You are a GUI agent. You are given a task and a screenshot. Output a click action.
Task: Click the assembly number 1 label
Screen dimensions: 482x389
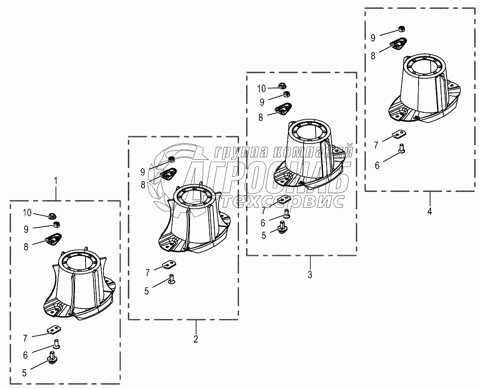[x=56, y=180]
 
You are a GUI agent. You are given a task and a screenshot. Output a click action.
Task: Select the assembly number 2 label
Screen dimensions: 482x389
[x=196, y=339]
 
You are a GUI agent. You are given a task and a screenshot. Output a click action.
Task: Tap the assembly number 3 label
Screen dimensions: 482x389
[x=310, y=274]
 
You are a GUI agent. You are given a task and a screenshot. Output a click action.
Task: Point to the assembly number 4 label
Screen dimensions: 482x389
[x=430, y=211]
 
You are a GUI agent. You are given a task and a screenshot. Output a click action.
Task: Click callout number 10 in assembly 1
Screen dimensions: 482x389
[x=27, y=212]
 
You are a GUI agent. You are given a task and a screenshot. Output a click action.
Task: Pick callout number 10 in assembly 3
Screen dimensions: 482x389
[x=261, y=89]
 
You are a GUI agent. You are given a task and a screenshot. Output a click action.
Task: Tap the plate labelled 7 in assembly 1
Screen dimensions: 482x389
[x=54, y=330]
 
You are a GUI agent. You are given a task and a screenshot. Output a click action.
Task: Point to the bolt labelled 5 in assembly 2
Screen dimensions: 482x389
[x=172, y=279]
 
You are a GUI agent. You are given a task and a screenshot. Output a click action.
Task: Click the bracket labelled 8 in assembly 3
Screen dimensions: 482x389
[x=282, y=109]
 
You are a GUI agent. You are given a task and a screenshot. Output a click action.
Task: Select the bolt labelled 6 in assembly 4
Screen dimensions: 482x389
[x=402, y=148]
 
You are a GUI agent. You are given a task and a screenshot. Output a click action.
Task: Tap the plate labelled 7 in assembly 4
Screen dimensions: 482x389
[x=399, y=134]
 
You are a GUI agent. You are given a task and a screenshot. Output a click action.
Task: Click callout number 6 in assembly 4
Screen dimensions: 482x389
[x=377, y=165]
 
